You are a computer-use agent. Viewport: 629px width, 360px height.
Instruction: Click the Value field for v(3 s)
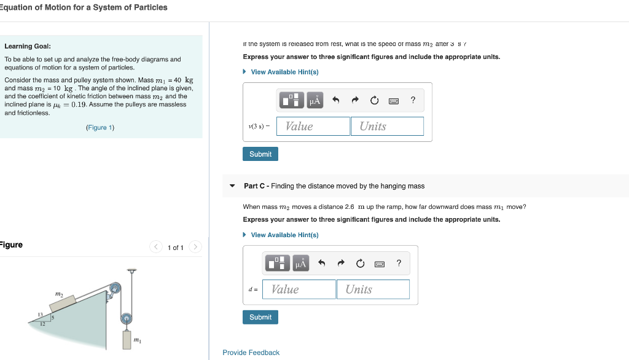313,126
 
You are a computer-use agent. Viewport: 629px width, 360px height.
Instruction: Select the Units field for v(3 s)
387,126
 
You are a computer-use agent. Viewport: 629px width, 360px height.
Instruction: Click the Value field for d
299,289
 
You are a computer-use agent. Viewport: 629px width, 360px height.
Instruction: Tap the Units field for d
373,289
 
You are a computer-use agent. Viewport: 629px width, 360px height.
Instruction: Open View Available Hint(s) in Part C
284,235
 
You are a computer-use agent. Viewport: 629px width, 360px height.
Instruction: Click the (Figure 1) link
100,128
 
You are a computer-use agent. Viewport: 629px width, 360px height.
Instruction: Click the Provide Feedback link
251,353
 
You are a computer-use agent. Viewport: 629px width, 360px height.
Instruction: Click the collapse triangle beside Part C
232,186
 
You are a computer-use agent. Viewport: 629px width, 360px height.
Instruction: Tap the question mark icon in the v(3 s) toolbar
413,100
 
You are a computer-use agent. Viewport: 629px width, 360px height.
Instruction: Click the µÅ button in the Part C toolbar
300,264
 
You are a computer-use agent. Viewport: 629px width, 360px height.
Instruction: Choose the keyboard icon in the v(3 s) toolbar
394,100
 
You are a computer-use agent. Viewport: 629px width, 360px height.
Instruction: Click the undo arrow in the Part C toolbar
321,264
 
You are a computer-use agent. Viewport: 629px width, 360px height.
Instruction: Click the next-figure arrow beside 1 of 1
195,247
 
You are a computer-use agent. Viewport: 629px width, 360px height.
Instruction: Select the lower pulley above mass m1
126,318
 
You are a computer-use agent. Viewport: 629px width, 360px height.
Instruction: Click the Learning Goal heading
28,46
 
